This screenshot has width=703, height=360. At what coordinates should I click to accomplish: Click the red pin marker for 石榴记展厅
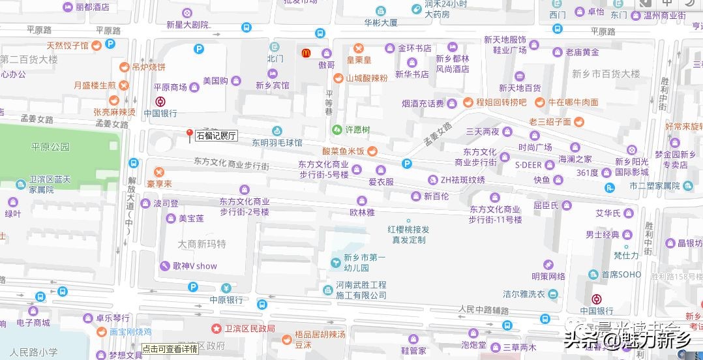(190, 134)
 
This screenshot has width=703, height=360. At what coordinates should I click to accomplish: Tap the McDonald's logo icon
(305, 52)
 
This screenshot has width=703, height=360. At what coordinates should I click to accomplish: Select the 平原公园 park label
(50, 147)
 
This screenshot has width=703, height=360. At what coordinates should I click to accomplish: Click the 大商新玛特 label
(202, 244)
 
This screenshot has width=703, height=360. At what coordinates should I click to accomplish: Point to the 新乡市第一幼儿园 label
(365, 262)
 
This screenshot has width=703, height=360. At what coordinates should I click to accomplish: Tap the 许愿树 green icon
(337, 130)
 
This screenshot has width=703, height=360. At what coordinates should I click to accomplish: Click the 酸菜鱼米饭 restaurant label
(343, 151)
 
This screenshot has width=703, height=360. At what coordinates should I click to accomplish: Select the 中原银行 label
(226, 300)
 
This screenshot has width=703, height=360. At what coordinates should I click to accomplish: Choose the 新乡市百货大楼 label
(606, 74)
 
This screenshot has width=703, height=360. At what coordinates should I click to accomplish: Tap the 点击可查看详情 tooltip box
(170, 349)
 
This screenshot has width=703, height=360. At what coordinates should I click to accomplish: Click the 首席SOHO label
(621, 275)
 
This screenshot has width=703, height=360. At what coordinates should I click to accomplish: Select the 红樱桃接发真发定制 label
(409, 234)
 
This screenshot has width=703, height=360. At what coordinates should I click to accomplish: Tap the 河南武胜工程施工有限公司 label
(361, 290)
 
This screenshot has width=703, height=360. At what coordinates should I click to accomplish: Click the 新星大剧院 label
(187, 25)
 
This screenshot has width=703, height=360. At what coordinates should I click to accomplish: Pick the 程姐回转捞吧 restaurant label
(501, 102)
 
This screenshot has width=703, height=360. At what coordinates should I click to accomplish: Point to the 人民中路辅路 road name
(483, 308)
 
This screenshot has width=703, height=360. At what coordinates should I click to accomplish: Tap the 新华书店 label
(411, 74)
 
